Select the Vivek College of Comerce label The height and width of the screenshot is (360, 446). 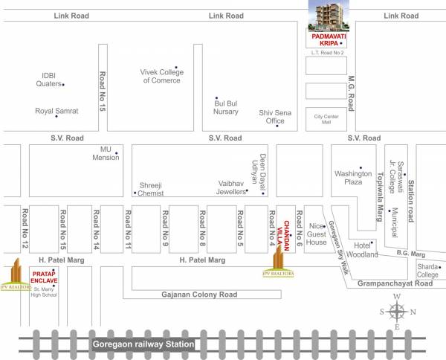pos(161,76)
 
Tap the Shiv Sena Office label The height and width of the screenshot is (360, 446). pos(271,116)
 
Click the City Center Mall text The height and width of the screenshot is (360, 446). pos(327,120)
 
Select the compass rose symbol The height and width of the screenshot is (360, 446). pos(397,311)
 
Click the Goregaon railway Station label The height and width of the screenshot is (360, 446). pos(143,344)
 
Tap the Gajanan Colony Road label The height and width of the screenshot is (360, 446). pos(199,295)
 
